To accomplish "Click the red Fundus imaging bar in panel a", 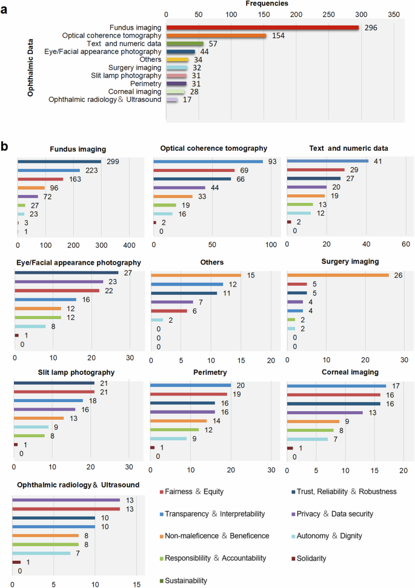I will click(262, 27).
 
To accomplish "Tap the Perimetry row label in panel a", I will click(145, 83).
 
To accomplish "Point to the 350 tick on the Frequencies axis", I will click(394, 14).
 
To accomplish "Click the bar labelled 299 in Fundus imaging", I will click(59, 162).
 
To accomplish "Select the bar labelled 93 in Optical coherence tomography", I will click(208, 162).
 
